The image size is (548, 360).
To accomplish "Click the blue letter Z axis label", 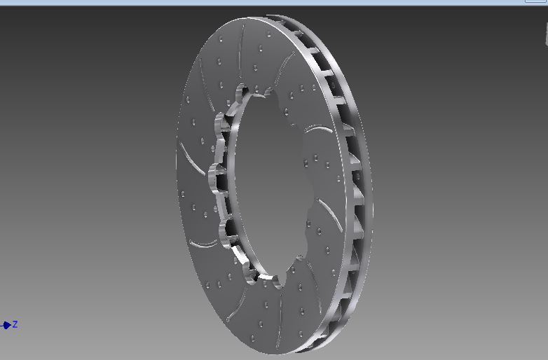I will tap(15, 324).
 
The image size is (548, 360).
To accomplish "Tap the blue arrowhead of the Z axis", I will tap(6, 325).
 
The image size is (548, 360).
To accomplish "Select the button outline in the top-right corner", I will tap(537, 1).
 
